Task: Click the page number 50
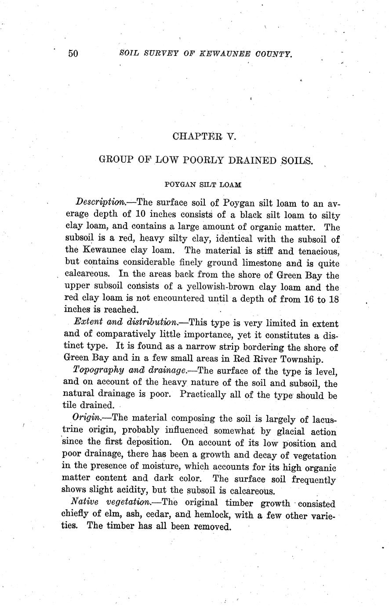[73, 54]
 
